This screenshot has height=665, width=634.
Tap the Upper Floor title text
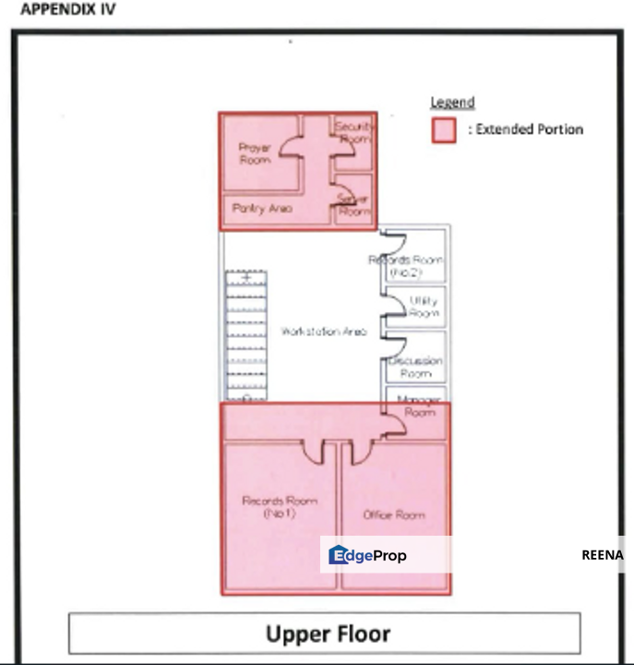point(328,634)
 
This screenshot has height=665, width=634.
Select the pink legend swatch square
point(445,130)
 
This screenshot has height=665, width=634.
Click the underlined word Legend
point(452,103)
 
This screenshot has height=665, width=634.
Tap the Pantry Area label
point(262,209)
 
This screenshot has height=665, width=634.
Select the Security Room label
point(353,132)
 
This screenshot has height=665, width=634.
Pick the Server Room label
point(353,205)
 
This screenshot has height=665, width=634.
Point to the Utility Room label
point(424,307)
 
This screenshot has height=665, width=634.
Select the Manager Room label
point(419,406)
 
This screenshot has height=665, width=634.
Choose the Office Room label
point(394,514)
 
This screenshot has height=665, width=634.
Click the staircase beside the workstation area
point(245,336)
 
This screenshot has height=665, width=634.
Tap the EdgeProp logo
point(367,555)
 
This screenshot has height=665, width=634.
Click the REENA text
point(602,555)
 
